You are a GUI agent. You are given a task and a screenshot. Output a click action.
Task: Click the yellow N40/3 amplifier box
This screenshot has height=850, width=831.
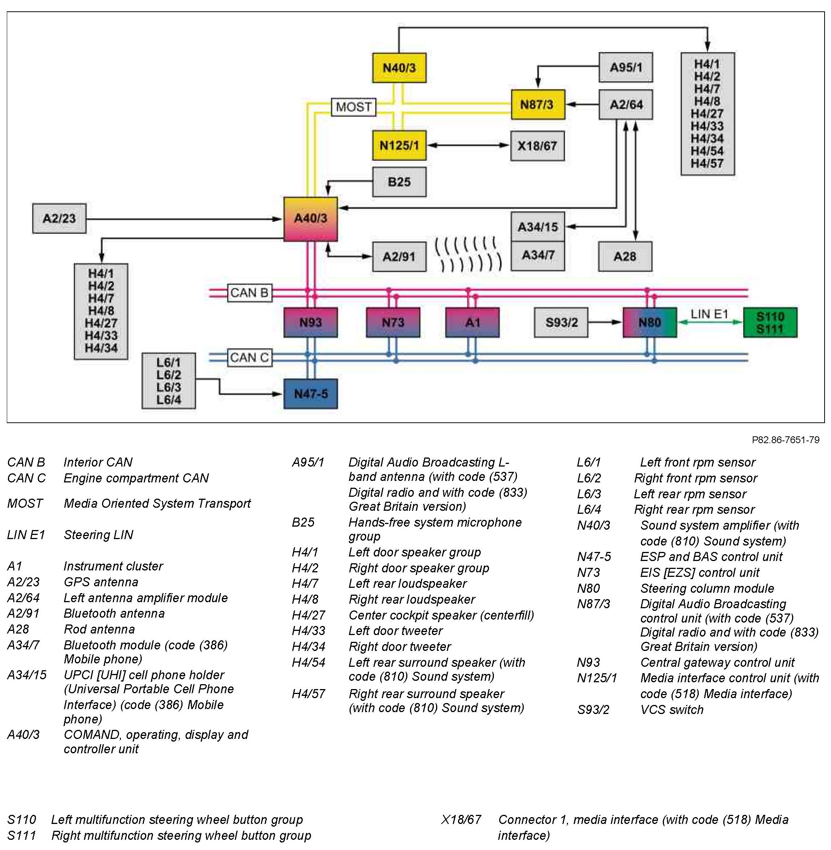pos(399,68)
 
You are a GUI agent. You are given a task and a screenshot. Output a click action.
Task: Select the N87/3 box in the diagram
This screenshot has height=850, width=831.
pos(538,105)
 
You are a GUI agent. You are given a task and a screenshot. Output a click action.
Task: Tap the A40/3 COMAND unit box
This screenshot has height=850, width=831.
pos(310,219)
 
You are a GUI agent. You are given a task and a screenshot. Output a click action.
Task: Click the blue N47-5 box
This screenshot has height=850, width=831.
pos(310,394)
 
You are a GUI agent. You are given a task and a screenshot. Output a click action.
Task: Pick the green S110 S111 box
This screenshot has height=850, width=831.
pos(770,323)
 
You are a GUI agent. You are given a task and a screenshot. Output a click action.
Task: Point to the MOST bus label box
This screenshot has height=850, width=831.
pos(353,107)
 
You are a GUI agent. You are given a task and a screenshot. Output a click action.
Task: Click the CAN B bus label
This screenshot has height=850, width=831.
pos(249,293)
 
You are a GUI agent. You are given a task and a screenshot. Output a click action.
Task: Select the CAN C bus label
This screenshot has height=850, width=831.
pos(249,358)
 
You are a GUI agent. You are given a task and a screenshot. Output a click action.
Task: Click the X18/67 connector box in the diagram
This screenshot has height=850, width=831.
pos(537,146)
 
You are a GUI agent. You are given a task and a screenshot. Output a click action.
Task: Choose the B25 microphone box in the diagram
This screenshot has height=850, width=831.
pos(399,182)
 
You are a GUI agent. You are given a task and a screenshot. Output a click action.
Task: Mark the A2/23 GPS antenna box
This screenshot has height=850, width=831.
pos(59,218)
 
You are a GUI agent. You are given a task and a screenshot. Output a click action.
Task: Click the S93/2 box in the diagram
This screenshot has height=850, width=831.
pos(561,323)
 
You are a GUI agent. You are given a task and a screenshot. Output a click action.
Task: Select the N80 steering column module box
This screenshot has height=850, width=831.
pos(650,323)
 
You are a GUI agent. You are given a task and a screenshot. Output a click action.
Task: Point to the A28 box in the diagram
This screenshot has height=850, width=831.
pos(625,257)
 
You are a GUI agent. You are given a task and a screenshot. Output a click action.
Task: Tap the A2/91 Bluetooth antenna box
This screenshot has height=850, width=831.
pos(399,257)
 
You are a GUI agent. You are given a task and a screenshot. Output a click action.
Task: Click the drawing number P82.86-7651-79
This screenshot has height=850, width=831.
pos(785,440)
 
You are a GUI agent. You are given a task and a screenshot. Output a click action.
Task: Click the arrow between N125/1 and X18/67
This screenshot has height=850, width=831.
pos(468,145)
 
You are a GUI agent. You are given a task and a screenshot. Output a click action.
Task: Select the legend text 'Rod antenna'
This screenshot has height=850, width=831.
pos(99,629)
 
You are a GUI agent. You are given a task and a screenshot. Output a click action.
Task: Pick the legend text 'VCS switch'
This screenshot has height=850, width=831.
pos(672,709)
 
